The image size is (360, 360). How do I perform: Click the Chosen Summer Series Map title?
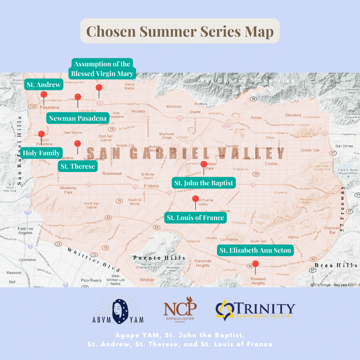click(x=180, y=31)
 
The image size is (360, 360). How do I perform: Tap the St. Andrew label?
click(x=44, y=85)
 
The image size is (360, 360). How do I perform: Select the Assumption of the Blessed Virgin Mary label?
click(x=102, y=69)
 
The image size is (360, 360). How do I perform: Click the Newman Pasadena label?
click(x=78, y=118)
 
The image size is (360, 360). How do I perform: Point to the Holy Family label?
click(x=41, y=153)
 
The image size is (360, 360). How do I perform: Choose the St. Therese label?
click(x=78, y=166)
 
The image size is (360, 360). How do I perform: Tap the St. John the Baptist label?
click(x=204, y=183)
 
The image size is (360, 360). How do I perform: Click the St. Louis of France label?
click(x=195, y=218)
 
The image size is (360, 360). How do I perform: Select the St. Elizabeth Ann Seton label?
click(x=255, y=250)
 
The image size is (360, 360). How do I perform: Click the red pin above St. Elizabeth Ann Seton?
click(x=255, y=264)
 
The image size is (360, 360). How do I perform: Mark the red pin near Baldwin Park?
click(x=204, y=164)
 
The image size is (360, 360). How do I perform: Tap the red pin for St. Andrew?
click(x=44, y=95)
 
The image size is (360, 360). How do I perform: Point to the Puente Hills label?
click(x=159, y=258)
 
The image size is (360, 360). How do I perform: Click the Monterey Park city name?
click(x=68, y=190)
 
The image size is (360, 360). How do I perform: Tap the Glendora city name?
click(x=293, y=115)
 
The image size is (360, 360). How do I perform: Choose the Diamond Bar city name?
click(x=332, y=230)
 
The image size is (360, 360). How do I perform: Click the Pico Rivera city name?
click(x=91, y=280)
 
